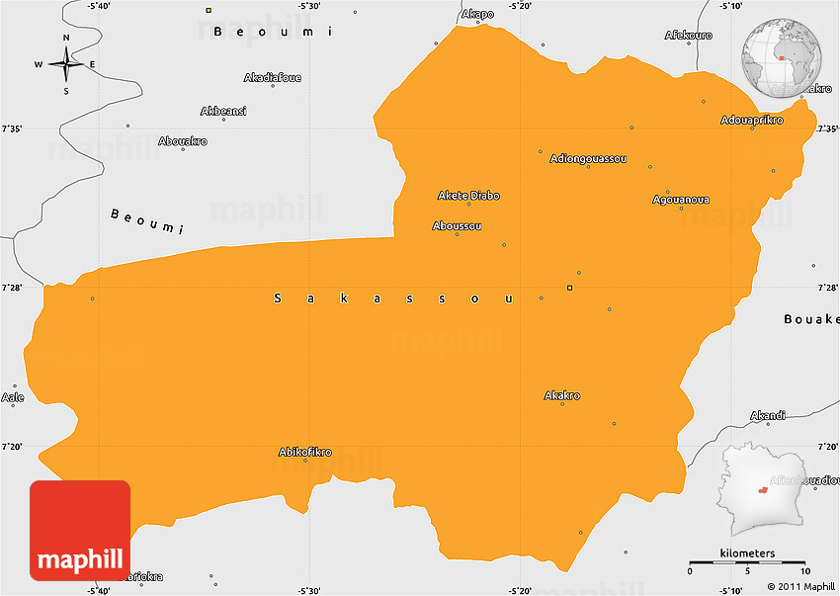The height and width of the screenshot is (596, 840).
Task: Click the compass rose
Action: pyautogui.click(x=66, y=65)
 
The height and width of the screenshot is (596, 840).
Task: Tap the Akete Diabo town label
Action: pyautogui.click(x=468, y=196)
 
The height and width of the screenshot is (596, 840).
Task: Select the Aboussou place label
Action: pyautogui.click(x=457, y=226)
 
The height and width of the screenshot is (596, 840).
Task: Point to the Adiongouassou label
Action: pyautogui.click(x=588, y=158)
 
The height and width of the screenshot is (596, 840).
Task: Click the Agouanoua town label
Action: pyautogui.click(x=681, y=200)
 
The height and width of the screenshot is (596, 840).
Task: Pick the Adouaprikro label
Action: pyautogui.click(x=751, y=121)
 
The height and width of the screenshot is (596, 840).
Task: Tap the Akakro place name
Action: pyautogui.click(x=562, y=396)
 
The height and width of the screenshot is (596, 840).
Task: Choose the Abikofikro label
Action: pyautogui.click(x=304, y=453)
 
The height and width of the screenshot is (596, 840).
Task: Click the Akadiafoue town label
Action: pyautogui.click(x=273, y=78)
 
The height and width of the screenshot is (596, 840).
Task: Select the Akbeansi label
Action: pyautogui.click(x=223, y=111)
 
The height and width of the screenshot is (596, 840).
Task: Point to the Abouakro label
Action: pyautogui.click(x=183, y=141)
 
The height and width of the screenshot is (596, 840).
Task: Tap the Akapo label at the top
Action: pyautogui.click(x=477, y=15)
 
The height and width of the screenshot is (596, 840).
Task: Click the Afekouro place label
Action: pyautogui.click(x=689, y=35)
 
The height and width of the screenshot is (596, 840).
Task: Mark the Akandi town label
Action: pyautogui.click(x=768, y=415)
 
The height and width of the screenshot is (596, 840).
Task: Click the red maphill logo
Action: pyautogui.click(x=80, y=531)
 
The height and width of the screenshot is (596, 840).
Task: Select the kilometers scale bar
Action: pyautogui.click(x=748, y=562)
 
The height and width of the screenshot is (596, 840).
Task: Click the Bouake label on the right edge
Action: pyautogui.click(x=810, y=319)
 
